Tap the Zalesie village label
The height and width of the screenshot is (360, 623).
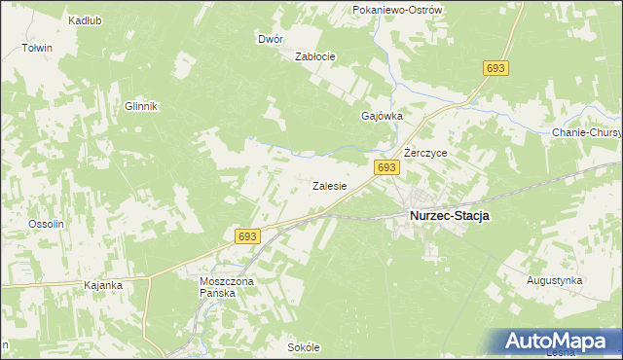click(330, 186)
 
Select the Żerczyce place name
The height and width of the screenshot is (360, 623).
click(425, 154)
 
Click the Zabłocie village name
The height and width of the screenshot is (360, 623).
click(315, 56)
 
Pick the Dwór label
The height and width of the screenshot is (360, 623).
click(271, 40)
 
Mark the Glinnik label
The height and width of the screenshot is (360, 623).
click(141, 107)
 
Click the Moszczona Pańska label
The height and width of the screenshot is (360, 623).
click(225, 287)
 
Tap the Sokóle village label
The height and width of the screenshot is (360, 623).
click(304, 347)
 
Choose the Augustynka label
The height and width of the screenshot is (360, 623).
click(554, 280)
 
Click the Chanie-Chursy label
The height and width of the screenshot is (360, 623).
click(586, 133)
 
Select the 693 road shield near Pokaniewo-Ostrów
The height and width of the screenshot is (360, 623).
click(495, 67)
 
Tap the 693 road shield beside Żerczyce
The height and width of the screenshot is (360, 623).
click(386, 168)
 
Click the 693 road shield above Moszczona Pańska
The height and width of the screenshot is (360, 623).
click(247, 236)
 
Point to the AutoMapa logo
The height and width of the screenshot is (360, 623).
click(556, 341)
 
